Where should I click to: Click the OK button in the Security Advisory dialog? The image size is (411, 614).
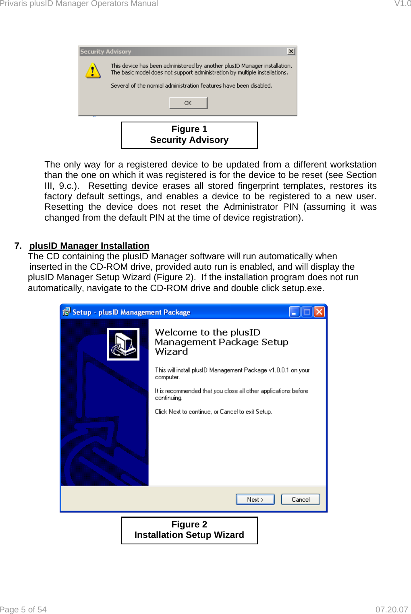(188, 103)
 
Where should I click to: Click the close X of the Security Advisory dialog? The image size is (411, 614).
(291, 52)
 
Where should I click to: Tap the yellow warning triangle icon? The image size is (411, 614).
(93, 70)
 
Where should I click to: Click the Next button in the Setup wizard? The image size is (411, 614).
(255, 499)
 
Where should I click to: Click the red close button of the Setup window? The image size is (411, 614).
(319, 312)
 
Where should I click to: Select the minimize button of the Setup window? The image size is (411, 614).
(295, 312)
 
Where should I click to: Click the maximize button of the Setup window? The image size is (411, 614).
(307, 312)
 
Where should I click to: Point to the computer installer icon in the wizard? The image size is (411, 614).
(123, 344)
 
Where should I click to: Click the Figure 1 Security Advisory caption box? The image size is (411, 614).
(189, 135)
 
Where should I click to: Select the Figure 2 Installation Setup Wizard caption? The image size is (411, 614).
(189, 530)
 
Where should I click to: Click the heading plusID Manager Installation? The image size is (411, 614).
(89, 246)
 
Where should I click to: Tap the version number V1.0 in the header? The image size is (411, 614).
(402, 4)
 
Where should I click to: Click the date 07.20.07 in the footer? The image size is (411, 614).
(392, 610)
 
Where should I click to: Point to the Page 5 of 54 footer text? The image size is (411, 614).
(23, 610)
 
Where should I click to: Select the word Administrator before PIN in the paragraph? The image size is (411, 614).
(251, 207)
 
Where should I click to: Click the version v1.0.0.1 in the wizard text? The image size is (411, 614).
(279, 370)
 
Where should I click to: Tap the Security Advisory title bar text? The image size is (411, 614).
(106, 52)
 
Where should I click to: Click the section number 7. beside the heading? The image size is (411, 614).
(18, 246)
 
